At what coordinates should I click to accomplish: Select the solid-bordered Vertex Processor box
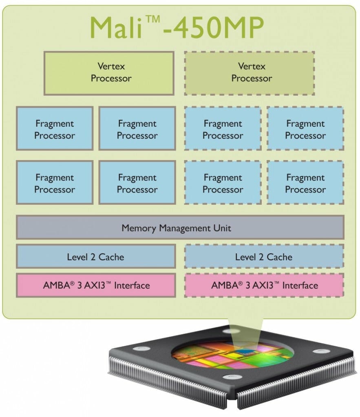pyautogui.click(x=109, y=73)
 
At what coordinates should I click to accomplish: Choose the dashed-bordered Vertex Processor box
pyautogui.click(x=250, y=73)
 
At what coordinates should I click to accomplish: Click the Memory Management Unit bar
pyautogui.click(x=180, y=227)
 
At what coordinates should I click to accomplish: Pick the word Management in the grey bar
pyautogui.click(x=182, y=228)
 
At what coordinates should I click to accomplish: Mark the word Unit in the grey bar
pyautogui.click(x=222, y=228)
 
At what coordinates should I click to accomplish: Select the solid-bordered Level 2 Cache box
pyautogui.click(x=96, y=257)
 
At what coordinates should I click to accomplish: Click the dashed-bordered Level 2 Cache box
pyautogui.click(x=264, y=257)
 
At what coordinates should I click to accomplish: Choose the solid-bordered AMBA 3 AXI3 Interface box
pyautogui.click(x=96, y=285)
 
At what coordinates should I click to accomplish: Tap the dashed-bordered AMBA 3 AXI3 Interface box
pyautogui.click(x=264, y=285)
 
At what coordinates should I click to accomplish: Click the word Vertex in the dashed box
pyautogui.click(x=252, y=66)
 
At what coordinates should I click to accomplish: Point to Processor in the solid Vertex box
pyautogui.click(x=111, y=79)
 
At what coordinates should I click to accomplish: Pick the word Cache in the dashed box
pyautogui.click(x=279, y=257)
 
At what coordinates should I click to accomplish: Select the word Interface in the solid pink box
pyautogui.click(x=132, y=285)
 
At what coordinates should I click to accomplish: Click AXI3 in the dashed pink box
pyautogui.click(x=269, y=285)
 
